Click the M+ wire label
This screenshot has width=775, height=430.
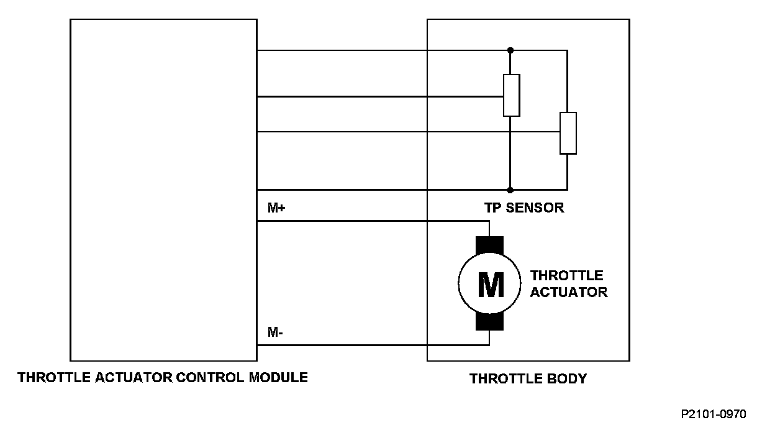(276, 209)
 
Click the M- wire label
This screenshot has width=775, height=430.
(275, 332)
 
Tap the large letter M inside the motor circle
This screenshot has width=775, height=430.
(490, 285)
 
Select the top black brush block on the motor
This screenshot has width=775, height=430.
(490, 245)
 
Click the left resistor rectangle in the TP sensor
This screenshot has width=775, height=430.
(511, 95)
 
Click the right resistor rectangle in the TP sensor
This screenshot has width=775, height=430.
(568, 133)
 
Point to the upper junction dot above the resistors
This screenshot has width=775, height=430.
(510, 50)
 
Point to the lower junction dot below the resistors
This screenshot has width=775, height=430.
(510, 190)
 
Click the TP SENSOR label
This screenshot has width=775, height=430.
(524, 208)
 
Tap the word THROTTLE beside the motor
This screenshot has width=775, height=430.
(566, 275)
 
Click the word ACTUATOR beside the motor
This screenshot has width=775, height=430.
(569, 292)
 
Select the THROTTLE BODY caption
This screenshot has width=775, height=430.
(528, 378)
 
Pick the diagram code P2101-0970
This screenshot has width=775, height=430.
(714, 414)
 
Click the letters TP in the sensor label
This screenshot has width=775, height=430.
(492, 208)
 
